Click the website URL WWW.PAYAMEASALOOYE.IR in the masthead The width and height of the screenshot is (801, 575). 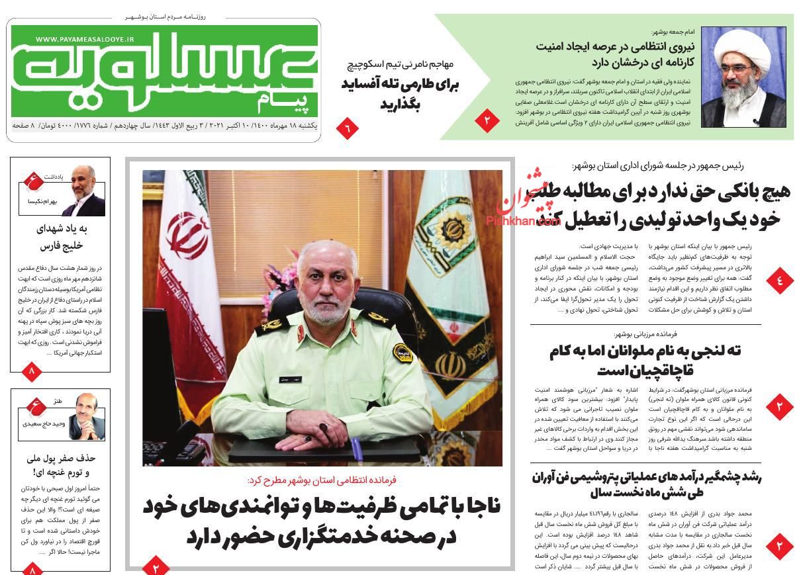[85, 40]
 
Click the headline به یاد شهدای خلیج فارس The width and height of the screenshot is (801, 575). [60, 237]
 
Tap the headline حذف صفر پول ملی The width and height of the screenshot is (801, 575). [61, 464]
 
